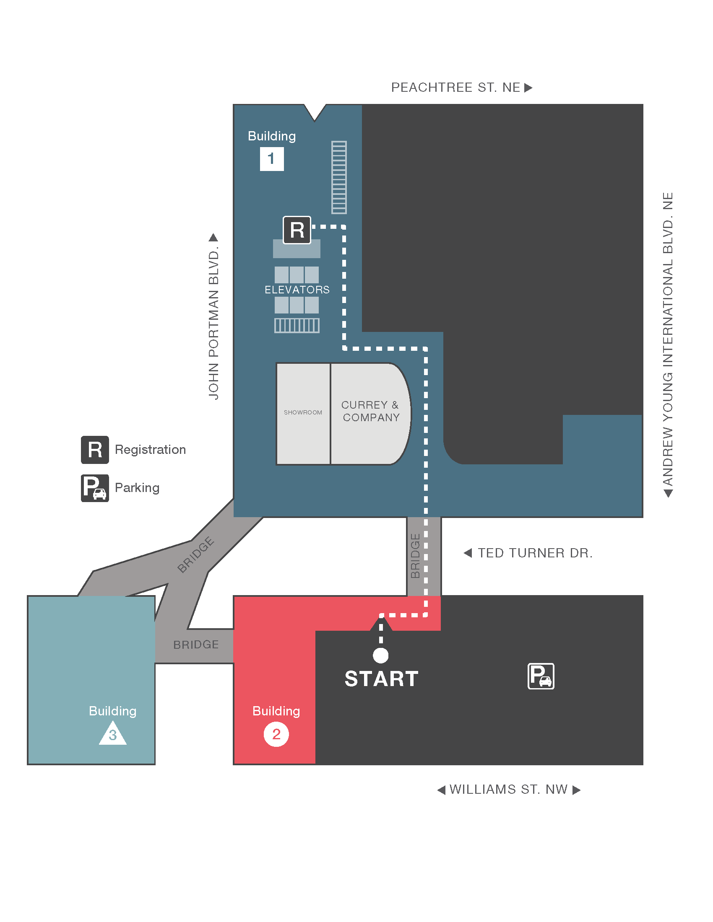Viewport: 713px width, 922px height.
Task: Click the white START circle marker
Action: [380, 655]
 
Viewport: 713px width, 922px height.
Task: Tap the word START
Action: [381, 679]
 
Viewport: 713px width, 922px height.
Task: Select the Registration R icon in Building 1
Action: [297, 230]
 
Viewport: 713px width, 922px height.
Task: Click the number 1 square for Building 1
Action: [272, 159]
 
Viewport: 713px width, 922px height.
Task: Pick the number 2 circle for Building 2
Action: [276, 734]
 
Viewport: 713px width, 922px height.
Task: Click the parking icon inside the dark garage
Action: [541, 676]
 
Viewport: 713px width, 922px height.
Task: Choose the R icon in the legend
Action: [95, 450]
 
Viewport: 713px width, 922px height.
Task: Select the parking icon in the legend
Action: [95, 488]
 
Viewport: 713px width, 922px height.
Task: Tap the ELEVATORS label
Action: [297, 290]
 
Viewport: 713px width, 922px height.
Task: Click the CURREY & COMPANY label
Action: [370, 411]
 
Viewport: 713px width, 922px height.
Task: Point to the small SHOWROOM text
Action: [303, 412]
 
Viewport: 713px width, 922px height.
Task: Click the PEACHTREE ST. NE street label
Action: [456, 88]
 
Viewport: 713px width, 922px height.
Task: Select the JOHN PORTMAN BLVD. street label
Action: [214, 323]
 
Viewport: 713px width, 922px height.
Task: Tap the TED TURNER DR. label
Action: [535, 553]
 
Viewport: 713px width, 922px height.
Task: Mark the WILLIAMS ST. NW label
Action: [509, 790]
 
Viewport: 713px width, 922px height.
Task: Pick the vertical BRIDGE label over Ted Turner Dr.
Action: [415, 556]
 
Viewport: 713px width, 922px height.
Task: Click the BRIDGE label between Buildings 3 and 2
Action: [196, 645]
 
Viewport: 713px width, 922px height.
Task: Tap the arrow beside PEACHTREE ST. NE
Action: [528, 88]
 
